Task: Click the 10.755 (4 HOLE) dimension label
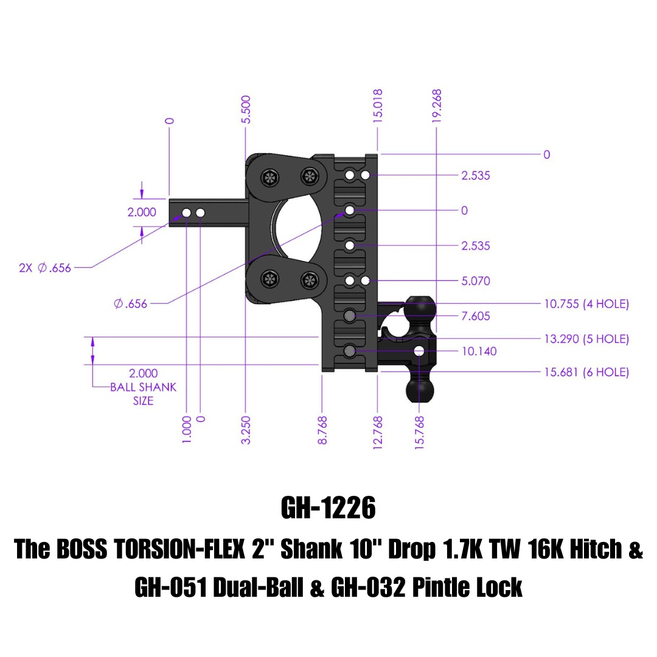(586, 304)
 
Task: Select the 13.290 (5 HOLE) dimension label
(586, 339)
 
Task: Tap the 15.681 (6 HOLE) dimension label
(586, 372)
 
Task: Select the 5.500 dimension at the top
(246, 109)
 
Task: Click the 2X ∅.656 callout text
(45, 268)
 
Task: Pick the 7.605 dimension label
(476, 316)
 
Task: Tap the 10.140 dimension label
(479, 351)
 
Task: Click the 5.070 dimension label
(476, 281)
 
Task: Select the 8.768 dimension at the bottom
(322, 429)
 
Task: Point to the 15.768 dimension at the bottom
(419, 432)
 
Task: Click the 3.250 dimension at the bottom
(246, 429)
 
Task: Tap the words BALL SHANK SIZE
(143, 394)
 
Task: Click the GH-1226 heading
(328, 509)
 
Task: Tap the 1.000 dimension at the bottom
(187, 429)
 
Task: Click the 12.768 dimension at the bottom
(378, 432)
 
